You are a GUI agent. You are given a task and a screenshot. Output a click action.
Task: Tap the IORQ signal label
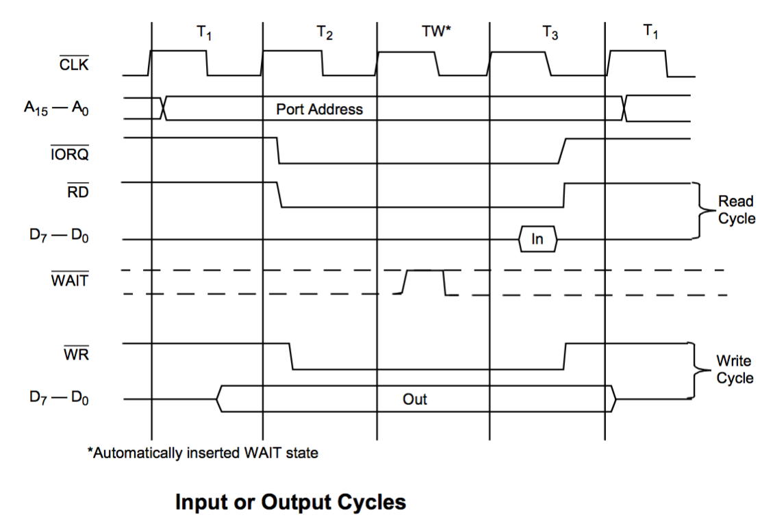tap(69, 154)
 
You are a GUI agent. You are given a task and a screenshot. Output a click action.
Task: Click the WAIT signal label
tap(70, 279)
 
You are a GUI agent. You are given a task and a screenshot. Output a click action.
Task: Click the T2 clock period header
tap(325, 35)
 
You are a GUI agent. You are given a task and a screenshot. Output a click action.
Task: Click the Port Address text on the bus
tap(319, 110)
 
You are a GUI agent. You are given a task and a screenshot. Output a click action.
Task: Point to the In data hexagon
tap(537, 240)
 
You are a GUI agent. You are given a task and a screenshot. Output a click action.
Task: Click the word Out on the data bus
tap(414, 399)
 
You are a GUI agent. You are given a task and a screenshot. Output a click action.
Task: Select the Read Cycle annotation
tap(735, 210)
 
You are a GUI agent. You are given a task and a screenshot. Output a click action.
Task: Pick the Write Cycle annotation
tap(735, 368)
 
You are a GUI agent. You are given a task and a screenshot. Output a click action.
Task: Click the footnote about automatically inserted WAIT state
tap(202, 453)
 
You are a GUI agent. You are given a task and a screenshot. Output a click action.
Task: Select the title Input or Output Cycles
tap(291, 503)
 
